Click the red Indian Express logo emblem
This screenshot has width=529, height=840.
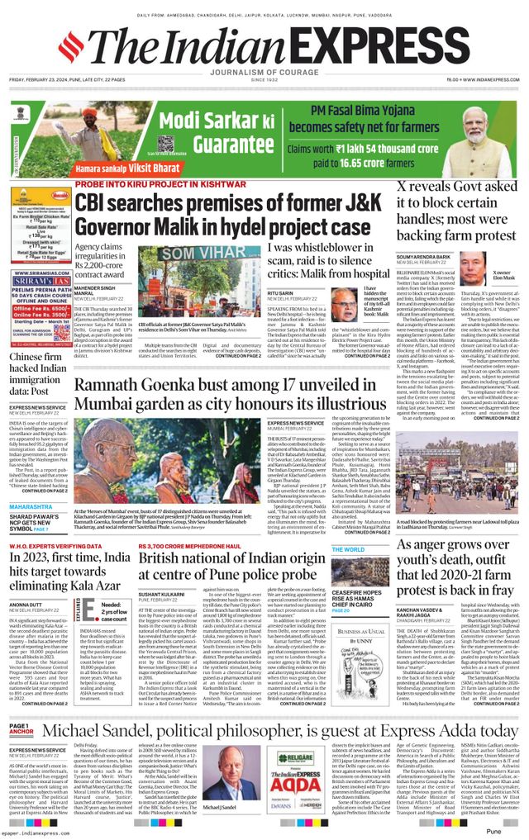[70, 47]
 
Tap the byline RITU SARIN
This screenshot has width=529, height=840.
[281, 292]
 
